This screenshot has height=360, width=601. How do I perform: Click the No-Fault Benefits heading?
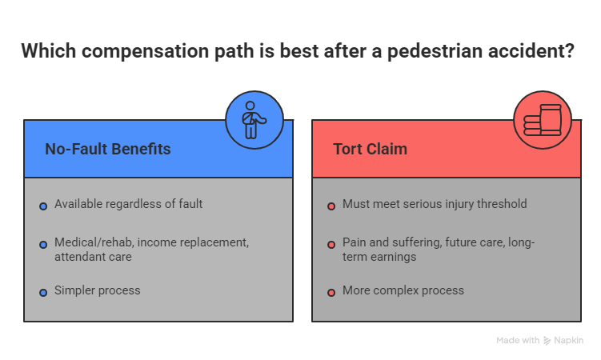tap(107, 150)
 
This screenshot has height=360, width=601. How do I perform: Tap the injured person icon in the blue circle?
tap(254, 120)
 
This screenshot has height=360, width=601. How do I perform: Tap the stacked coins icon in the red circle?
tap(543, 120)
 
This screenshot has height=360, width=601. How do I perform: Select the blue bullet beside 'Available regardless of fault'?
tap(43, 206)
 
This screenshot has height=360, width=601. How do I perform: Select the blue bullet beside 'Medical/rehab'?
tap(43, 244)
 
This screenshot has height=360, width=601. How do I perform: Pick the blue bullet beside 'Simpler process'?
tap(43, 293)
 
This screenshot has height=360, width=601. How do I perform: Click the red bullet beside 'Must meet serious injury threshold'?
tap(331, 206)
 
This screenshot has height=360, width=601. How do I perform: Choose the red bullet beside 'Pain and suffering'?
tap(331, 244)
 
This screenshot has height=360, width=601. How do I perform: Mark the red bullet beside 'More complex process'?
tap(331, 293)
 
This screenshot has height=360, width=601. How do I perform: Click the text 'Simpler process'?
tap(97, 290)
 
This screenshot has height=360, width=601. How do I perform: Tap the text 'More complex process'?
tap(403, 290)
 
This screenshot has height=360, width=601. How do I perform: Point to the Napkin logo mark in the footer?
tap(547, 341)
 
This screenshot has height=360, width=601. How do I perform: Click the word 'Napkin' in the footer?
tap(570, 341)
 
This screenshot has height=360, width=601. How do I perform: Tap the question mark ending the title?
tap(568, 52)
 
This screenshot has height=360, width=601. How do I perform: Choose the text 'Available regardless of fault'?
tap(128, 204)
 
